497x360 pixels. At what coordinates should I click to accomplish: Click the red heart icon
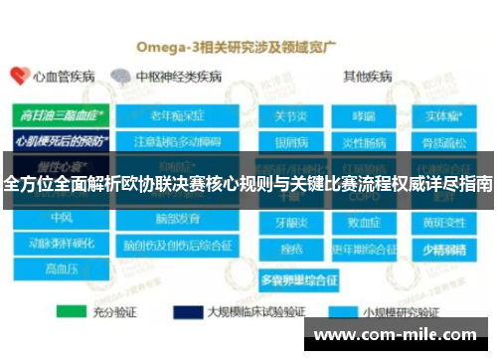click(19, 76)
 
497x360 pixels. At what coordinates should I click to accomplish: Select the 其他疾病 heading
click(367, 76)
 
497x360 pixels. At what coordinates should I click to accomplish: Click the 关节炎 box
click(290, 116)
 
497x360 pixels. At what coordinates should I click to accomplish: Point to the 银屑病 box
click(290, 139)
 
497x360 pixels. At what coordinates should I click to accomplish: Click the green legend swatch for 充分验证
click(72, 312)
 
